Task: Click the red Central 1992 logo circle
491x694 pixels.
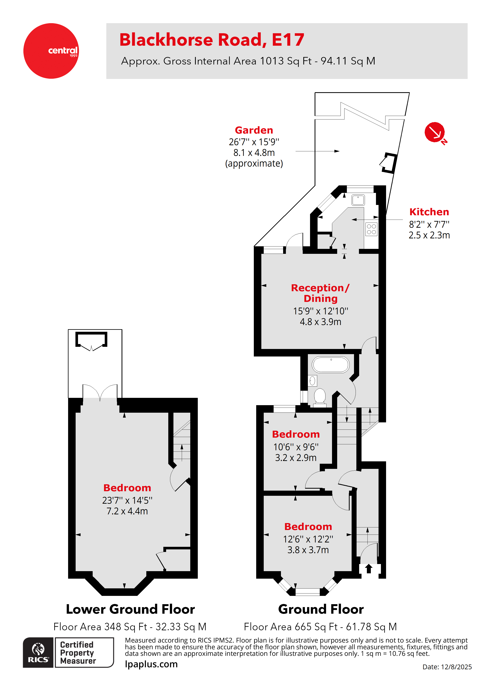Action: [51, 51]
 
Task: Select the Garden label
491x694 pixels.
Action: [254, 130]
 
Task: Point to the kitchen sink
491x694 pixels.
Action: [358, 200]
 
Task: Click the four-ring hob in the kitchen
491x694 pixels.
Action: [371, 229]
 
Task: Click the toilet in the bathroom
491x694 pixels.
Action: [320, 396]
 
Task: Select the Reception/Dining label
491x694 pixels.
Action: [320, 293]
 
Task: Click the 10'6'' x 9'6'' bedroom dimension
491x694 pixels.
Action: [296, 447]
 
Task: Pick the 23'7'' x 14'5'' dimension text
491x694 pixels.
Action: [127, 500]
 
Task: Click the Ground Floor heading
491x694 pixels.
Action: [321, 609]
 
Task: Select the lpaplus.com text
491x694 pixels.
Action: [151, 664]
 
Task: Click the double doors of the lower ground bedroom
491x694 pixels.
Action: [100, 392]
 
